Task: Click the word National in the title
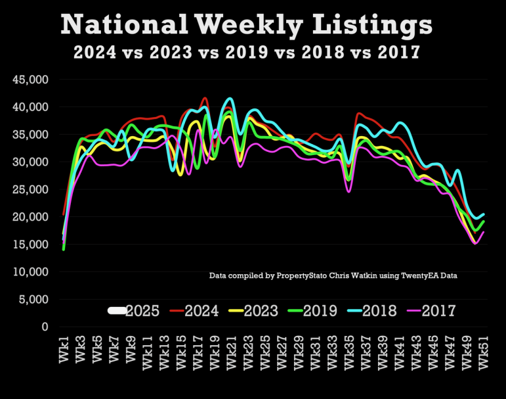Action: click(124, 24)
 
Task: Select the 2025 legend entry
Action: click(134, 311)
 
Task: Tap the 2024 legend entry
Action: click(194, 311)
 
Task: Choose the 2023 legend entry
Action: click(253, 311)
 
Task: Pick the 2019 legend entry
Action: click(312, 311)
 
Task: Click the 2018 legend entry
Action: click(372, 311)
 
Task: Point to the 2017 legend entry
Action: click(431, 311)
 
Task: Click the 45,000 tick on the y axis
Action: click(30, 80)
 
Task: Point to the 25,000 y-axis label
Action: click(30, 189)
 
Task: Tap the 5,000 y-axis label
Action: click(33, 299)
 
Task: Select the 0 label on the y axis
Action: click(45, 327)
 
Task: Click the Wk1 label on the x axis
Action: click(64, 350)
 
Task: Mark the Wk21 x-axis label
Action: click(232, 352)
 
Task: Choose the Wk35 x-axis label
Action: click(350, 352)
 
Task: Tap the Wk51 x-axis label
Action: click(484, 352)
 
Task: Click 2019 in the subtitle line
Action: click(247, 52)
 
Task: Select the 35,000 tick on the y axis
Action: click(30, 135)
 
